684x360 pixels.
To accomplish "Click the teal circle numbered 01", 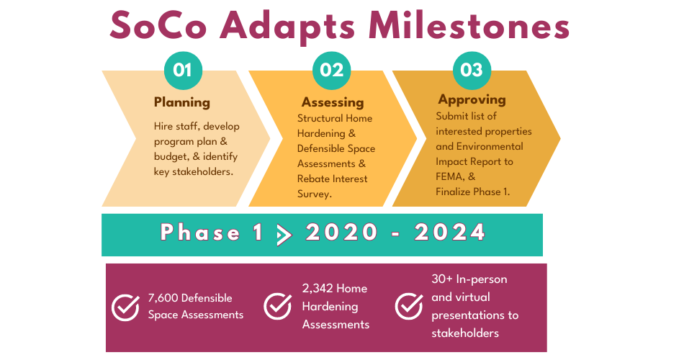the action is [183, 71].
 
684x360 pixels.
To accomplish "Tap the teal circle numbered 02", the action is [331, 71].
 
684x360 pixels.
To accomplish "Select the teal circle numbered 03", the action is [472, 71].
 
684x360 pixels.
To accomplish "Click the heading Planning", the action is [182, 102].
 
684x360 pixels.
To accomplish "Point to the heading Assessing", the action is [333, 102].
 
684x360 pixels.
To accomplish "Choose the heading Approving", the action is [472, 100].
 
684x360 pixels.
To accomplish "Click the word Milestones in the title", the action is [469, 26].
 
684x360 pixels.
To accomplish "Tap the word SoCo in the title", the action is [158, 26].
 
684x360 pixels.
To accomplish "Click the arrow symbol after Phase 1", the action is [284, 235].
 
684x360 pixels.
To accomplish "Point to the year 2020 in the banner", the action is [341, 232].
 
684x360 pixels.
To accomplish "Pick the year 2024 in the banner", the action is [450, 232].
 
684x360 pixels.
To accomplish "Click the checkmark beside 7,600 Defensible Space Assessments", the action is [125, 307].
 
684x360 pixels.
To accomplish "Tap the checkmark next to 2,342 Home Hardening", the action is [278, 305].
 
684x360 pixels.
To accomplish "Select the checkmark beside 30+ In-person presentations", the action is [409, 305].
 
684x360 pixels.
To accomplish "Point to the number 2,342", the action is [318, 289].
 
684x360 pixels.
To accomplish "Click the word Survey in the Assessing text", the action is [314, 194].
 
